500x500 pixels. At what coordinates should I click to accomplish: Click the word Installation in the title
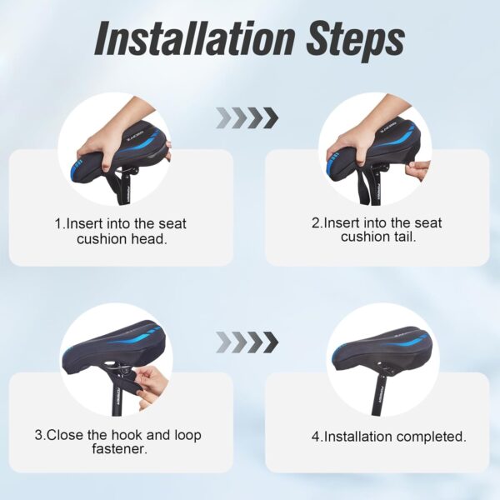pyautogui.click(x=193, y=38)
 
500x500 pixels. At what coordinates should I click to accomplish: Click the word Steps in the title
pyautogui.click(x=356, y=41)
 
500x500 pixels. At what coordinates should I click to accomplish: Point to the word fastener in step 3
pyautogui.click(x=120, y=448)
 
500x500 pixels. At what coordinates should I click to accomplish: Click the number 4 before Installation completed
pyautogui.click(x=315, y=437)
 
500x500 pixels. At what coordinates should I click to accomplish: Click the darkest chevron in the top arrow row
pyautogui.click(x=271, y=118)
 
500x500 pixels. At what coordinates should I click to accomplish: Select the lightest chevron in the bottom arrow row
pyautogui.click(x=222, y=342)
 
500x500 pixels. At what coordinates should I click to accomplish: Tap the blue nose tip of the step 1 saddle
pyautogui.click(x=76, y=171)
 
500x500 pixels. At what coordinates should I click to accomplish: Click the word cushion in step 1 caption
pyautogui.click(x=102, y=239)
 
